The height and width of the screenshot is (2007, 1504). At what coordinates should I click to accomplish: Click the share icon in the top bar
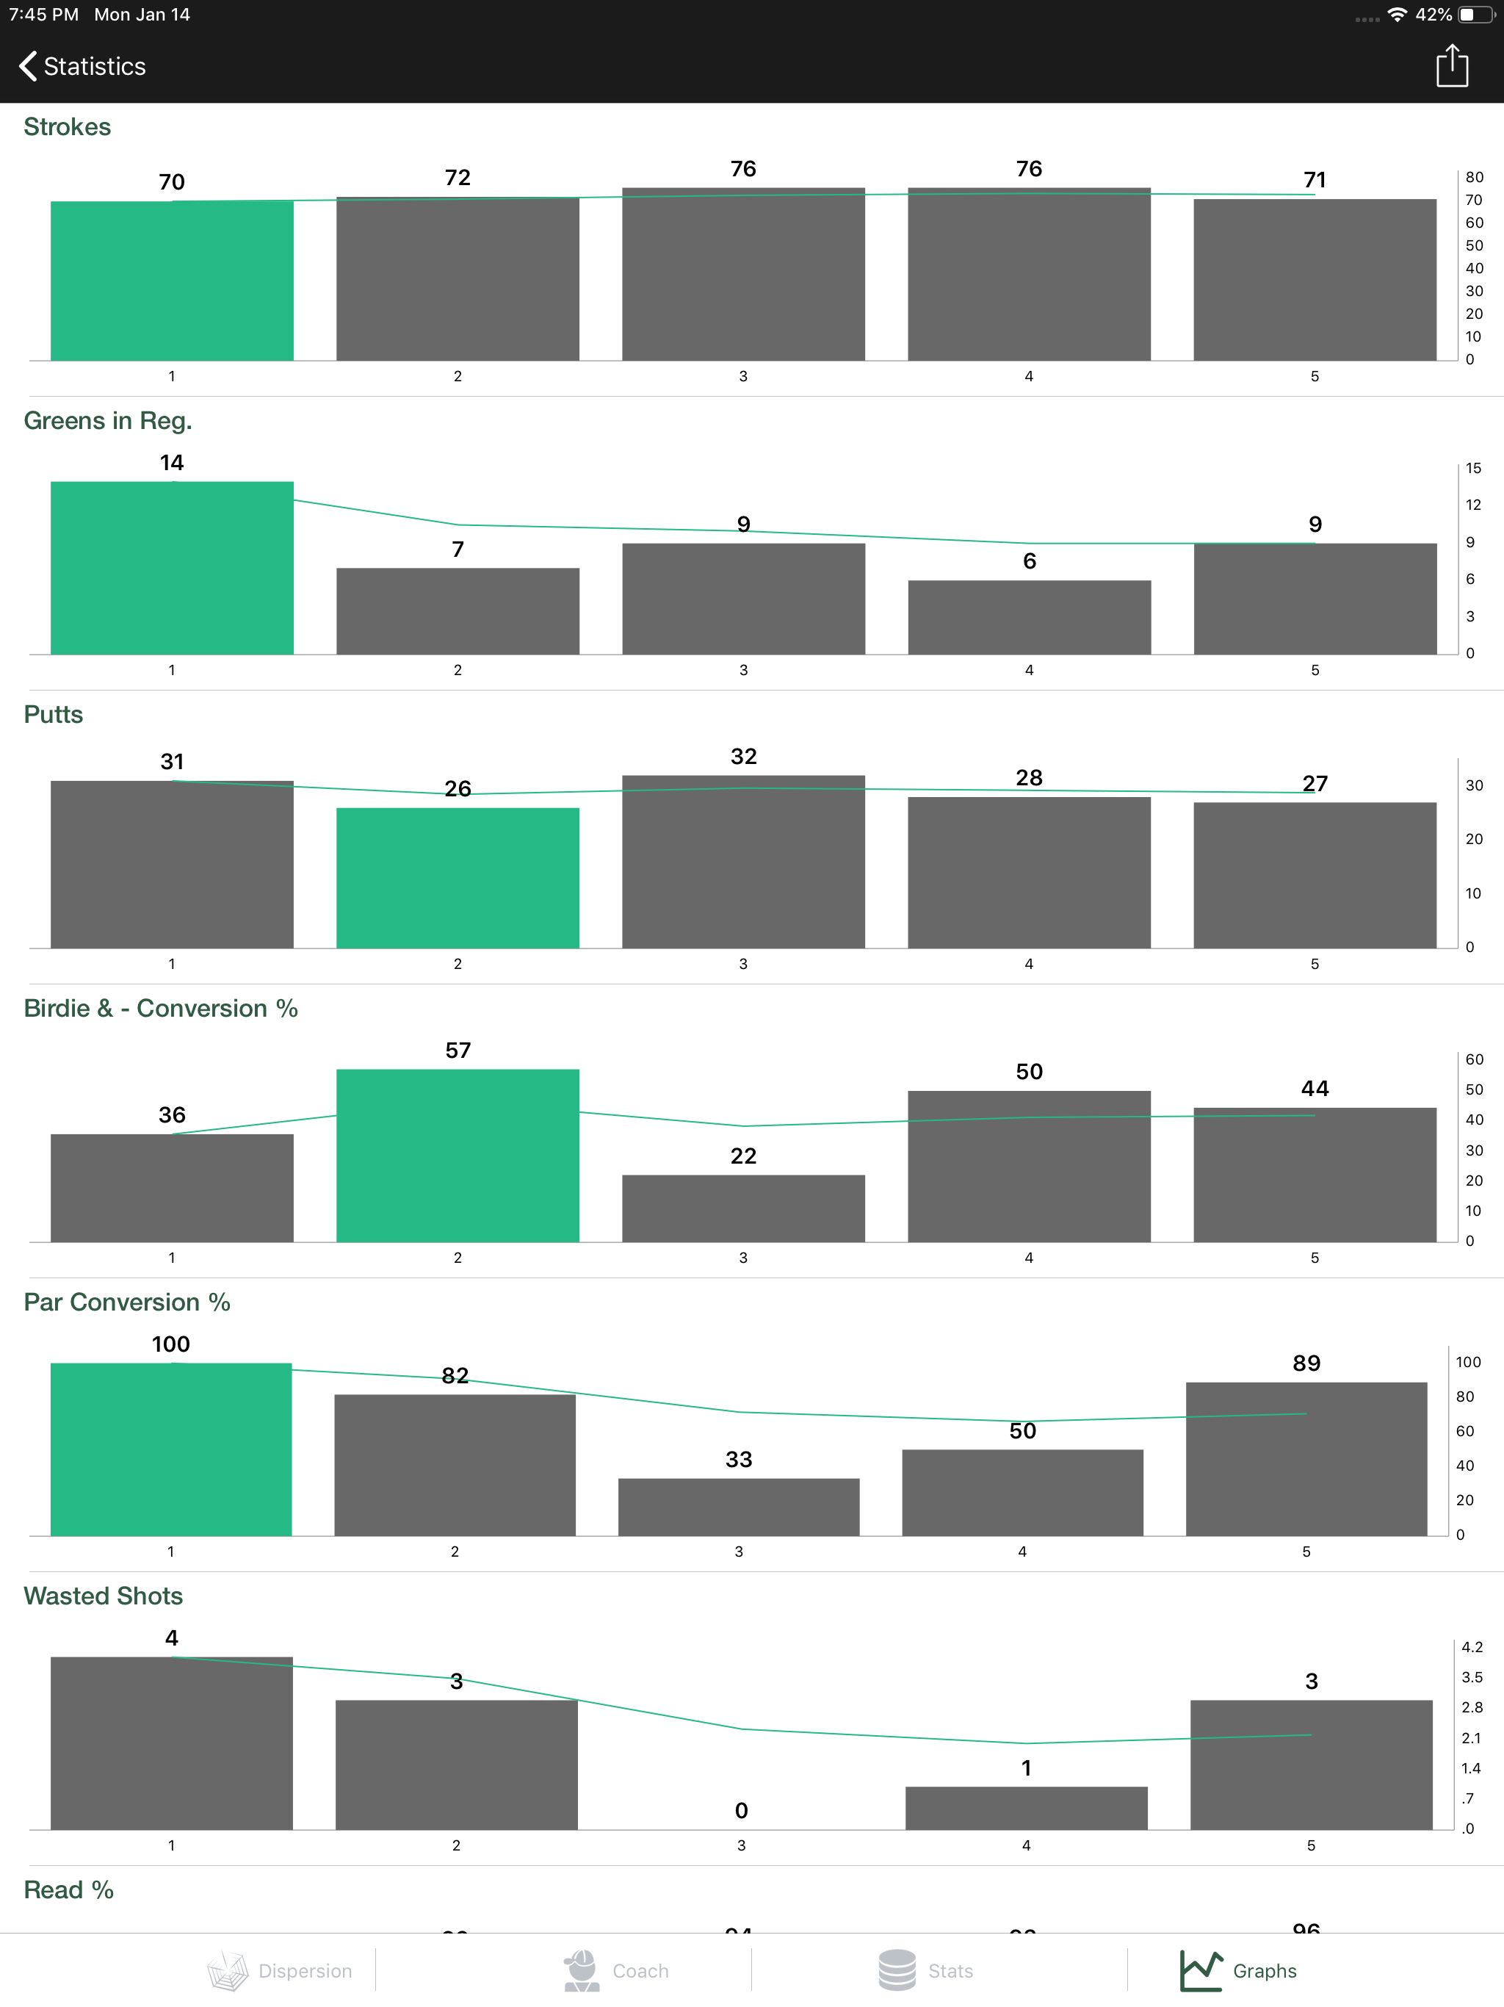(x=1451, y=66)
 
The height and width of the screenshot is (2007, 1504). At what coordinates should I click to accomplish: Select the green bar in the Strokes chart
(x=171, y=281)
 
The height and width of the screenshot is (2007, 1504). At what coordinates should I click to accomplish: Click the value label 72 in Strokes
(x=458, y=178)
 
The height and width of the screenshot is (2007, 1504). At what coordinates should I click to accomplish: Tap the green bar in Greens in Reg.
(x=171, y=568)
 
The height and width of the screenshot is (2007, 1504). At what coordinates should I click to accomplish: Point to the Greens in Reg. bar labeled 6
(x=1029, y=617)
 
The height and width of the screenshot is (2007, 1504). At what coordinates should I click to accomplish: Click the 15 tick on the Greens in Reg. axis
(x=1473, y=468)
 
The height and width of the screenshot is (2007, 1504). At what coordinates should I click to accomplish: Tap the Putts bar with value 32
(x=743, y=862)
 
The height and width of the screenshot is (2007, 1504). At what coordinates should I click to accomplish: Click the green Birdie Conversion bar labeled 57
(x=458, y=1155)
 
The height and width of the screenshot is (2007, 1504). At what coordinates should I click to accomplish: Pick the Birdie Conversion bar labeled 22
(x=743, y=1208)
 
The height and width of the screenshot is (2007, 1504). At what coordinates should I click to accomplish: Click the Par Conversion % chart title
(x=127, y=1302)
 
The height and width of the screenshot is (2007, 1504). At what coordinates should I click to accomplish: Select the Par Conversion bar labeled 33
(x=738, y=1506)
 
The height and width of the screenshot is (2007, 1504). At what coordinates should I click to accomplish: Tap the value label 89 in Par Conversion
(x=1306, y=1363)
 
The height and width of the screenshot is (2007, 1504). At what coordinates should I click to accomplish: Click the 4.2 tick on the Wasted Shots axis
(x=1472, y=1647)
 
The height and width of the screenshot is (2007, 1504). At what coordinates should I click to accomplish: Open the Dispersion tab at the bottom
(x=279, y=1971)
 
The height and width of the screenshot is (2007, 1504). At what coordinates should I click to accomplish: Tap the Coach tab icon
(x=582, y=1971)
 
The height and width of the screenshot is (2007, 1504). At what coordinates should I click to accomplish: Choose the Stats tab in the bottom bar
(x=925, y=1971)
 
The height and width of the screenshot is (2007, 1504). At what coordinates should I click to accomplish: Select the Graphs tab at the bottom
(x=1239, y=1971)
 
